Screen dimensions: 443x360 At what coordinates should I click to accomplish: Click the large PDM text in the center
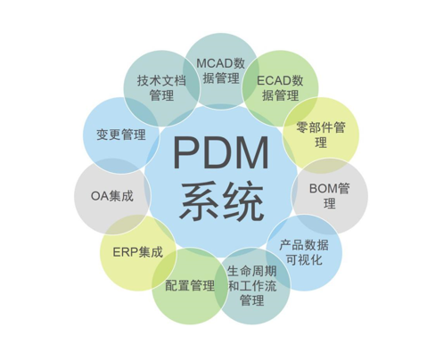[221, 152]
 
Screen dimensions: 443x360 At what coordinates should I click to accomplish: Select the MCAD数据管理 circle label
[221, 70]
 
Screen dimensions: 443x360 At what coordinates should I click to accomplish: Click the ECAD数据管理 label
[280, 87]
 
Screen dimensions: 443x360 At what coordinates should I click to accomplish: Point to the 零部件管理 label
[321, 135]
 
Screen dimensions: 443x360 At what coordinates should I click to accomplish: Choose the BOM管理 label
[330, 196]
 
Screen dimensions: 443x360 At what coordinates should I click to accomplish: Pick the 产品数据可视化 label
[304, 252]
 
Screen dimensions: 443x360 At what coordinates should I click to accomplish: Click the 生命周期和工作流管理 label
[252, 286]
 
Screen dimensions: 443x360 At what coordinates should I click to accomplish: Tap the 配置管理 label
[190, 285]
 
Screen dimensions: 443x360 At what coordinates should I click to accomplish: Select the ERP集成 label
[138, 252]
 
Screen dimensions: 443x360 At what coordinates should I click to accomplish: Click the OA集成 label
[112, 196]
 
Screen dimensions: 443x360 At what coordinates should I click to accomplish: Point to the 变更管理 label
[121, 135]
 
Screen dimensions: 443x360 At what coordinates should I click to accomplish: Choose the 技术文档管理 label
[161, 87]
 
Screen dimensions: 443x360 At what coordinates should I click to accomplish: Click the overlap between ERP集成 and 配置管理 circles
[165, 269]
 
